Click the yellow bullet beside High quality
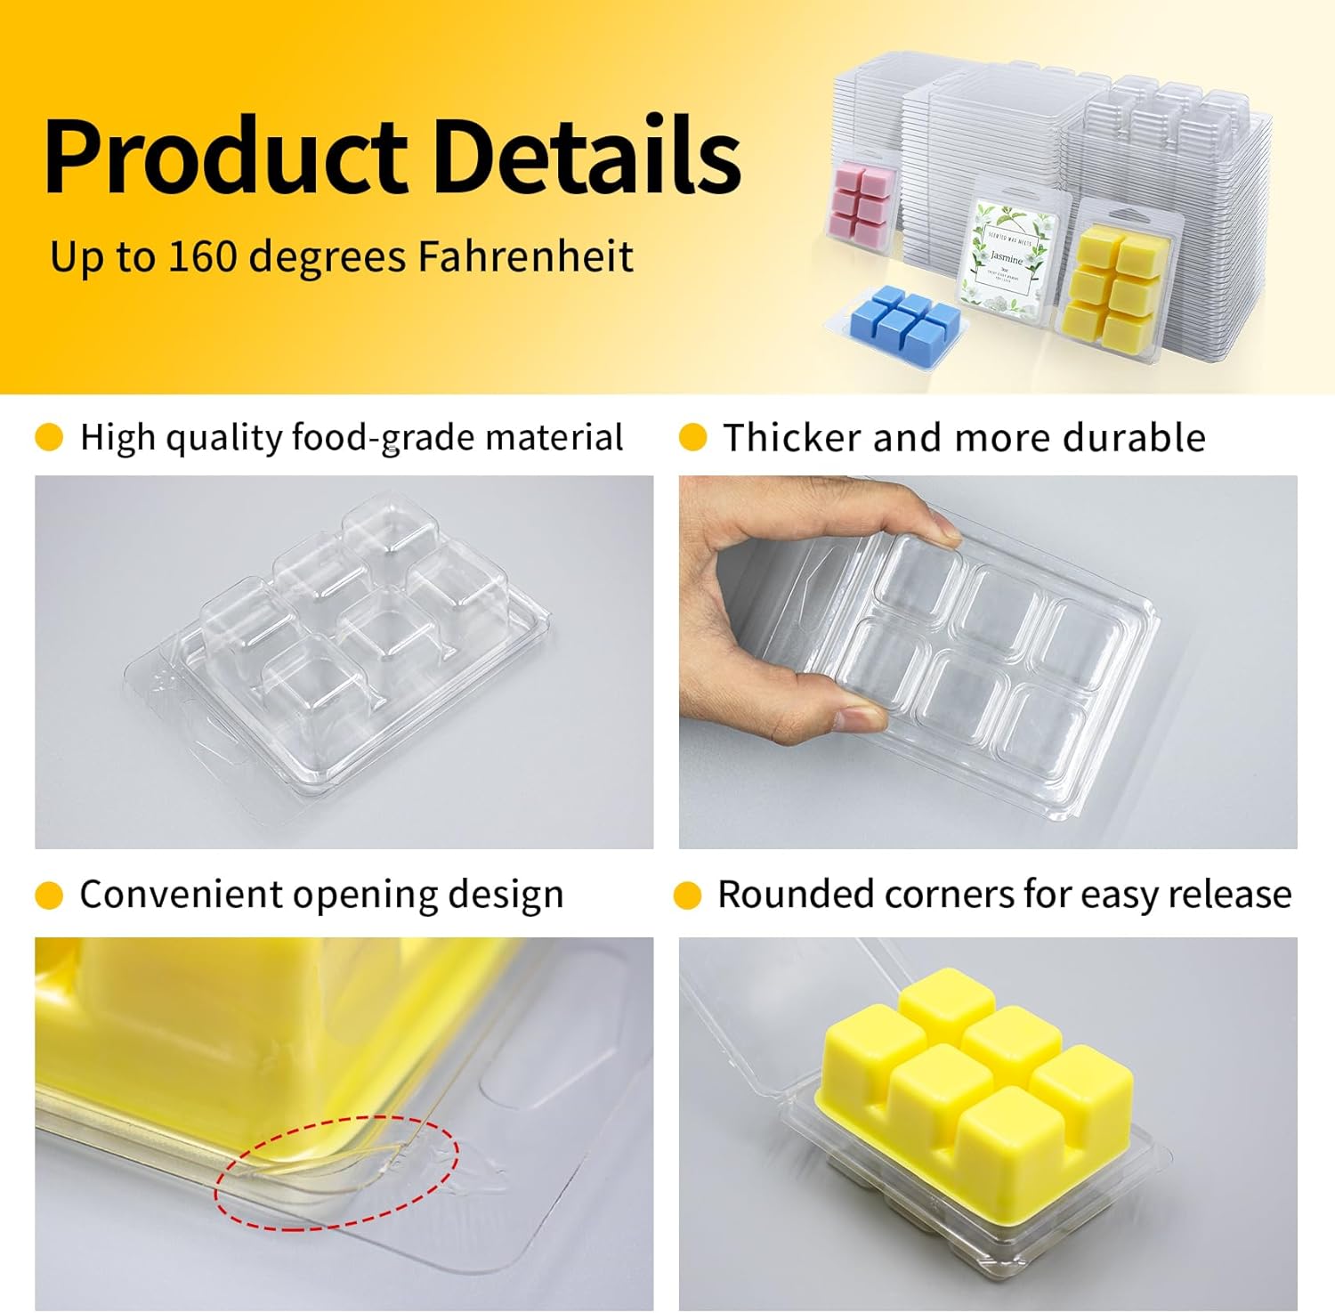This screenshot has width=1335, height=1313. click(x=49, y=438)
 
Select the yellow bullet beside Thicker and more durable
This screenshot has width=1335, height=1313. click(x=692, y=438)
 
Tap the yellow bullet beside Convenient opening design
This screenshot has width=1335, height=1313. click(x=49, y=896)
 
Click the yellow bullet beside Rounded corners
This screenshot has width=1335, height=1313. click(x=688, y=896)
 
